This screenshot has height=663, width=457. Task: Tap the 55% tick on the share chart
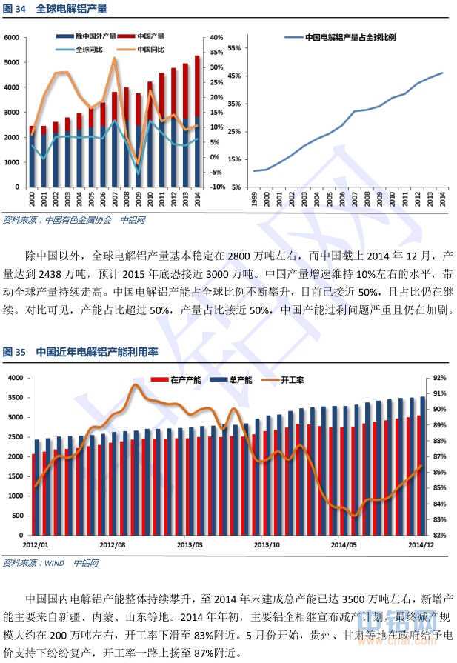pyautogui.click(x=235, y=48)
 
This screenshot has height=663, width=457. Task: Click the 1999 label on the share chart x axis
pyautogui.click(x=254, y=198)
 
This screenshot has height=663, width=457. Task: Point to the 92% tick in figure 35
pyautogui.click(x=439, y=378)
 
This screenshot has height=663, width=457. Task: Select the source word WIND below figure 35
pyautogui.click(x=56, y=563)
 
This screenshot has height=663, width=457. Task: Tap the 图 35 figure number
pyautogui.click(x=14, y=352)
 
